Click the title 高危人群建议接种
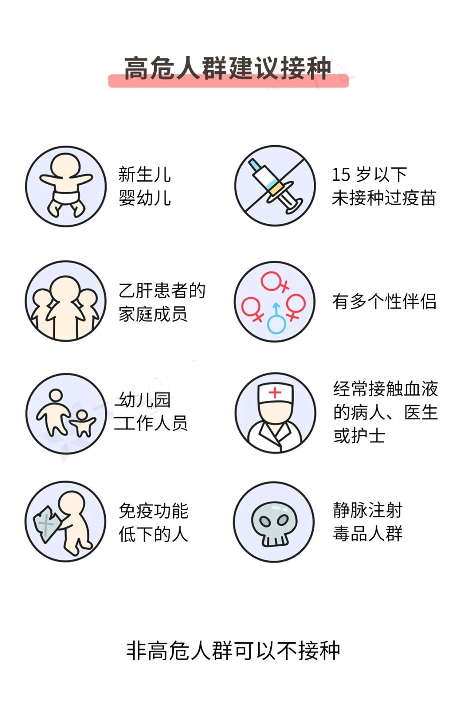pyautogui.click(x=228, y=68)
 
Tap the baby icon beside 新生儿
pyautogui.click(x=66, y=186)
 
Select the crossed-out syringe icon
pyautogui.click(x=275, y=186)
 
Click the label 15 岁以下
pyautogui.click(x=369, y=175)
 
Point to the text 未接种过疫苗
pyautogui.click(x=384, y=198)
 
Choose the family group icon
pyautogui.click(x=66, y=301)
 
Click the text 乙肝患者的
pyautogui.click(x=162, y=290)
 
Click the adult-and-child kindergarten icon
pyautogui.click(x=66, y=413)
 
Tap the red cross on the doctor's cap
pyautogui.click(x=275, y=393)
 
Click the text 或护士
pyautogui.click(x=359, y=436)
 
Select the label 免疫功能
pyautogui.click(x=154, y=511)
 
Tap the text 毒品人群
pyautogui.click(x=368, y=534)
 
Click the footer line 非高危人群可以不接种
pyautogui.click(x=233, y=651)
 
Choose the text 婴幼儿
pyautogui.click(x=145, y=198)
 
